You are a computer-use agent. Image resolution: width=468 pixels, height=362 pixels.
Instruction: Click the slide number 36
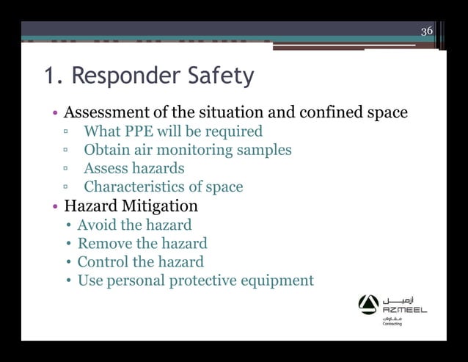[427, 31]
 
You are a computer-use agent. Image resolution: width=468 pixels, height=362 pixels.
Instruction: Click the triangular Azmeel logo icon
[368, 304]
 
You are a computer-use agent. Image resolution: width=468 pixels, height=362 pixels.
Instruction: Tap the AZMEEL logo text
[404, 310]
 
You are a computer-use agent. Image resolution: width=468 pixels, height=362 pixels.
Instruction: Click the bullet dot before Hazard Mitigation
[56, 206]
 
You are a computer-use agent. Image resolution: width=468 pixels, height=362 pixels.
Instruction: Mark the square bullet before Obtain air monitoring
[65, 151]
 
